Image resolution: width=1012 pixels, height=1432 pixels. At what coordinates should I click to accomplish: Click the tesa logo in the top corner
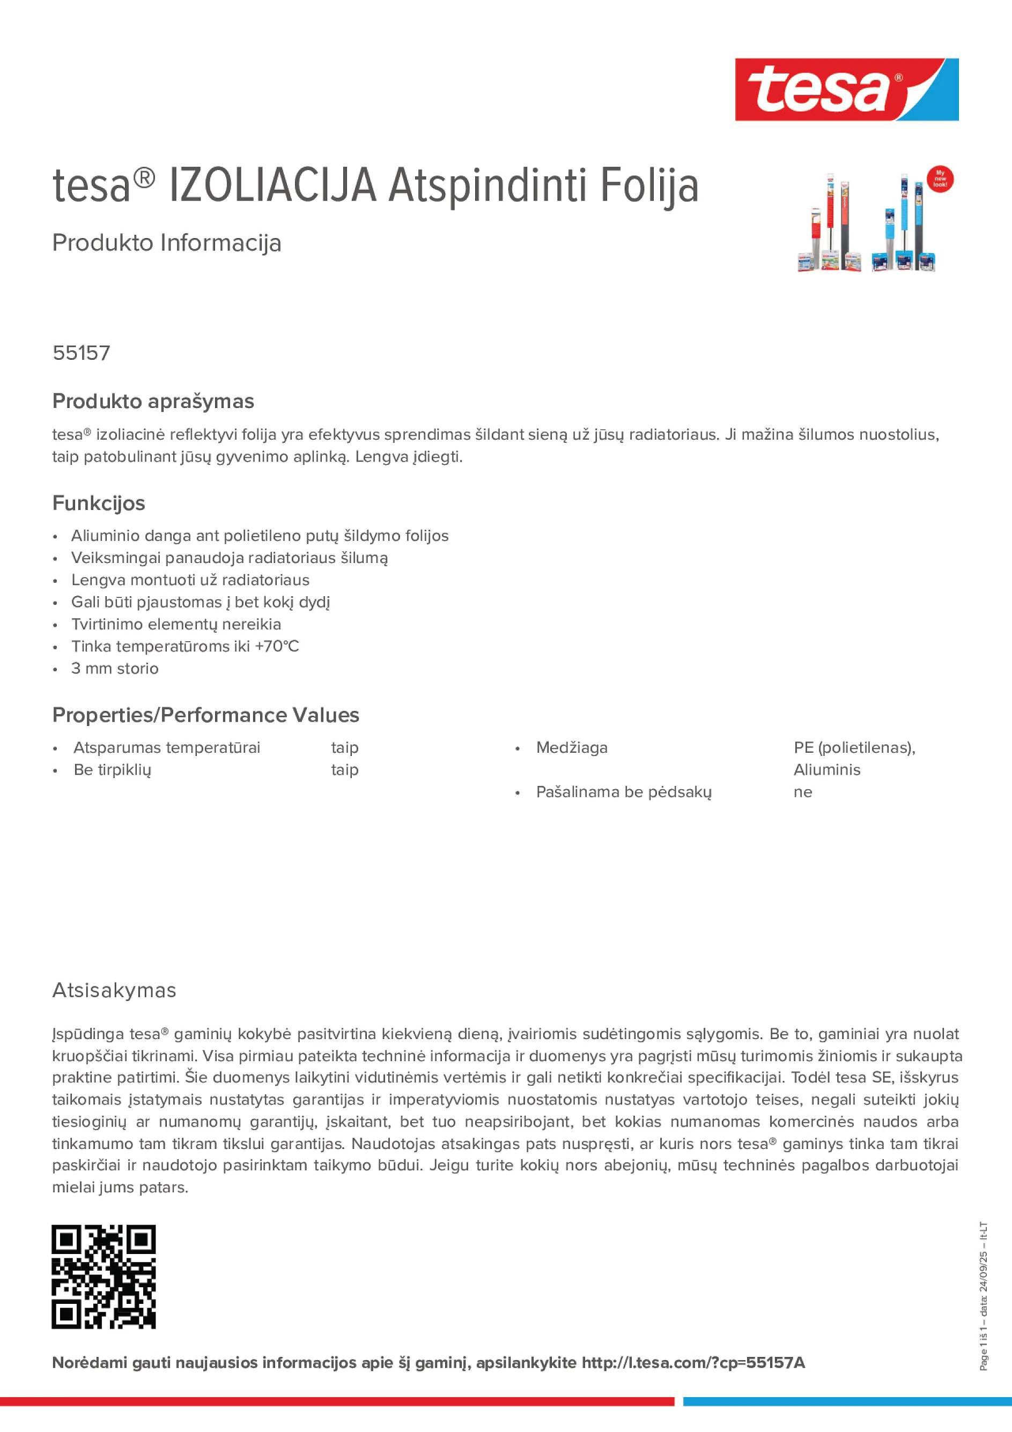click(846, 90)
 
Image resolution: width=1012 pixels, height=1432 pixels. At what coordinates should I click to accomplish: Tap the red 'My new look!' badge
click(940, 179)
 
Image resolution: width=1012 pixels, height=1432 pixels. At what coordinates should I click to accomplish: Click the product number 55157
click(81, 353)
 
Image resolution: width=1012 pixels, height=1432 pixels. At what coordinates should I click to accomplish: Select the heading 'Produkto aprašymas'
click(153, 401)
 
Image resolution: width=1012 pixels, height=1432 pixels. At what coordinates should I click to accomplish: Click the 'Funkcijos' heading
click(99, 503)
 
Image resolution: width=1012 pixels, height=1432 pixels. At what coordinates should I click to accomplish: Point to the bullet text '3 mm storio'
click(115, 669)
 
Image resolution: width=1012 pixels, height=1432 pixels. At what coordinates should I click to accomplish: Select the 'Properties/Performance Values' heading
click(205, 715)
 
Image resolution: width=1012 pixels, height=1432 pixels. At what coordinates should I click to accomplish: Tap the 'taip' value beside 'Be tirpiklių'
click(344, 770)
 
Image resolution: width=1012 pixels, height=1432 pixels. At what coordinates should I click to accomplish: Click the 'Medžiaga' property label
click(572, 747)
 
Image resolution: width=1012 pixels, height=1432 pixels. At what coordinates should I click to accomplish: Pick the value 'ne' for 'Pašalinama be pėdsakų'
click(802, 792)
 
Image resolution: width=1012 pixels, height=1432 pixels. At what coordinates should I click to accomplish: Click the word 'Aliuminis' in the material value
click(826, 770)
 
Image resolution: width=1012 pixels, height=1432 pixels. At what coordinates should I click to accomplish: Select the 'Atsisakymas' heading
click(114, 990)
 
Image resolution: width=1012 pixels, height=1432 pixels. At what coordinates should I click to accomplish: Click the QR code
click(104, 1277)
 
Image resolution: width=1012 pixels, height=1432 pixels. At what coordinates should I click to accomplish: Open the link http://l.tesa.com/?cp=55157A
click(693, 1363)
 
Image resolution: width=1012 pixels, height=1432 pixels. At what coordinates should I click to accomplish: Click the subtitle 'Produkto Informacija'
click(167, 243)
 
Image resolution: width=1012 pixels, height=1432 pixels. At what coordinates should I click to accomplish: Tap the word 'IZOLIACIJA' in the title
click(272, 186)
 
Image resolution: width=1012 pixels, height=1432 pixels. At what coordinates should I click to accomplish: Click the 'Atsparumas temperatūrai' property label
click(167, 747)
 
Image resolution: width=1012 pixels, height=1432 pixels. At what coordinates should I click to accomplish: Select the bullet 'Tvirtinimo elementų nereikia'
click(176, 624)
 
